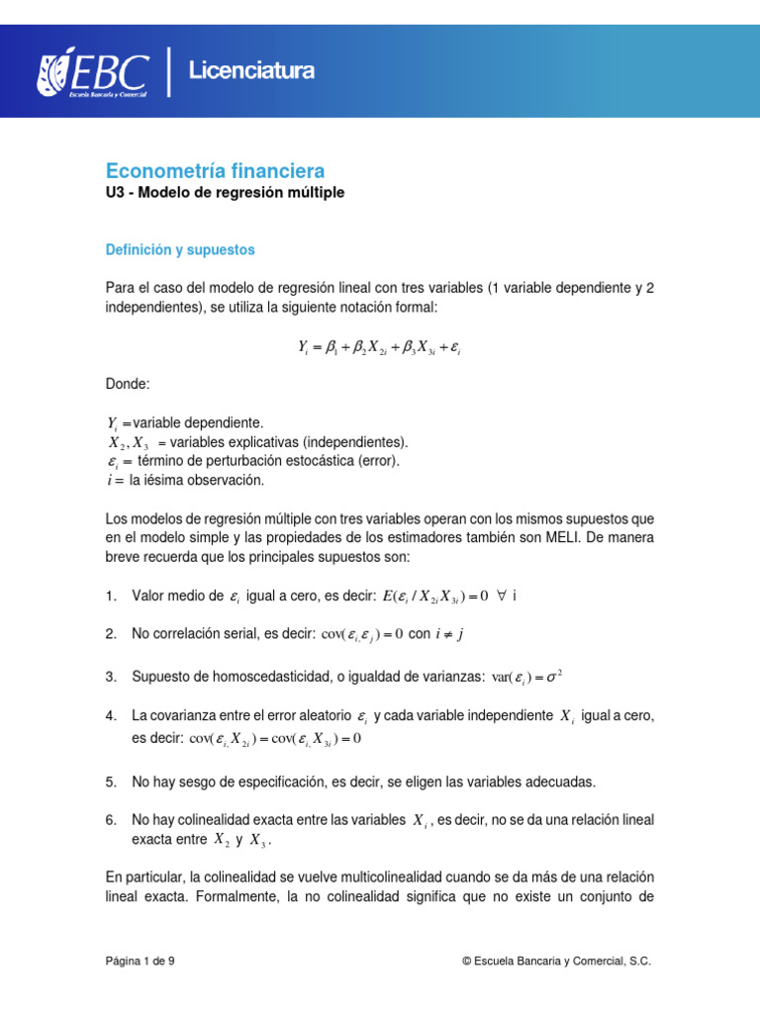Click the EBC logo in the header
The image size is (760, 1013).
pyautogui.click(x=93, y=71)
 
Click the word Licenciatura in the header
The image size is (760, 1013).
pyautogui.click(x=251, y=71)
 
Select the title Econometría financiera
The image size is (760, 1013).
pyautogui.click(x=215, y=170)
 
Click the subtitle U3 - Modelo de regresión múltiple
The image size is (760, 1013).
pyautogui.click(x=225, y=193)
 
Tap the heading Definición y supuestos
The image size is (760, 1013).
pyautogui.click(x=180, y=250)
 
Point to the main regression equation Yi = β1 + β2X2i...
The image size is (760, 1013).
pyautogui.click(x=379, y=347)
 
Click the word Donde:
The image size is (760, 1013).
pyautogui.click(x=128, y=383)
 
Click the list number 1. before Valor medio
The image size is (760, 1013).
pyautogui.click(x=111, y=596)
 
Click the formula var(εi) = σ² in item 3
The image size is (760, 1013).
pyautogui.click(x=526, y=677)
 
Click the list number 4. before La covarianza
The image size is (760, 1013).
pyautogui.click(x=111, y=715)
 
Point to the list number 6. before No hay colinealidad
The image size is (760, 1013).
pyautogui.click(x=111, y=820)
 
